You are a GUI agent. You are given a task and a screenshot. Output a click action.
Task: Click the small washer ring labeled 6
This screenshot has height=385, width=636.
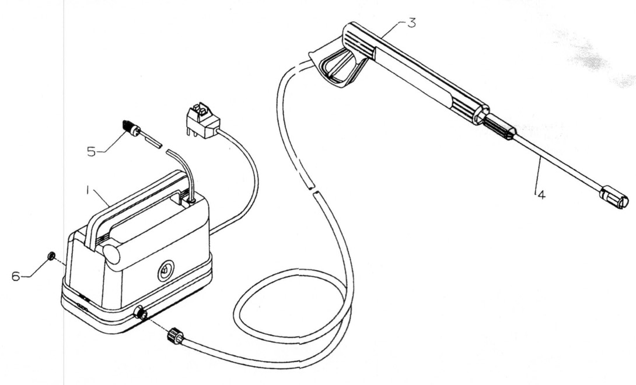click(51, 256)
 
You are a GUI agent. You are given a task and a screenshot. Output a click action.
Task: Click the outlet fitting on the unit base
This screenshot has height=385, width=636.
click(139, 314)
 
